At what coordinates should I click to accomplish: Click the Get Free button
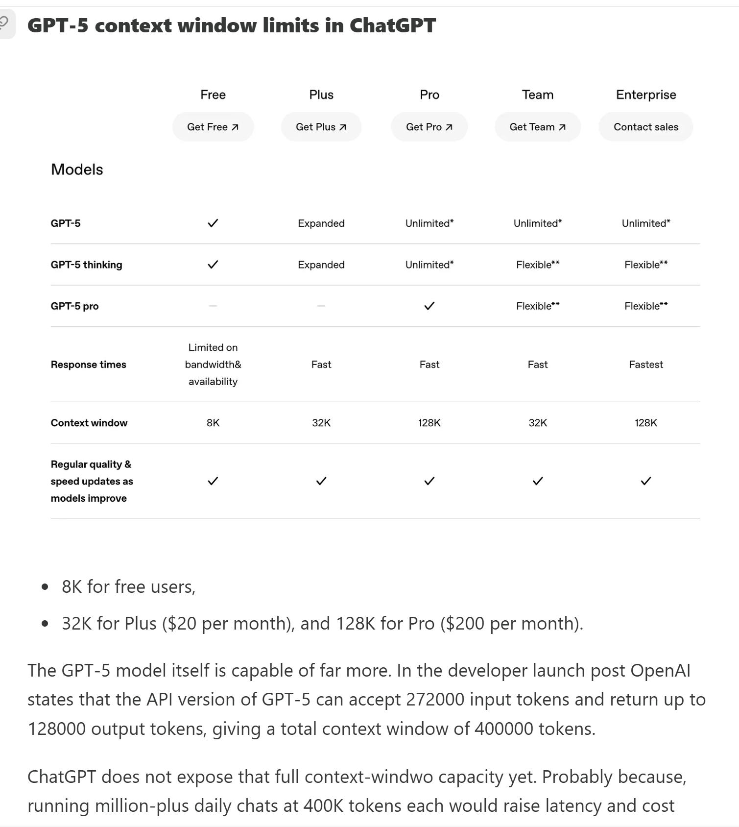point(213,127)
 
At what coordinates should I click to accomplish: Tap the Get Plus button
point(321,127)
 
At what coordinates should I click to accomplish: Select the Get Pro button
point(429,127)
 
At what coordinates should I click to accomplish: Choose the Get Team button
point(538,127)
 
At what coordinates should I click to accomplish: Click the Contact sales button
point(646,127)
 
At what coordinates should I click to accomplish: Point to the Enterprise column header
point(646,95)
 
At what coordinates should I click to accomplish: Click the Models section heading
point(77,170)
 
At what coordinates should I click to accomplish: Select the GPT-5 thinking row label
point(86,265)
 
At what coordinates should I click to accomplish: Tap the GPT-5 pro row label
point(74,306)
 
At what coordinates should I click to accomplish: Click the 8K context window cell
point(213,423)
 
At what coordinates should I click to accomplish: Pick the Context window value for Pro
point(429,423)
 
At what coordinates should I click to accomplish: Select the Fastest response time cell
point(646,365)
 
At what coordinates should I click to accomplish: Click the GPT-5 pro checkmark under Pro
point(429,306)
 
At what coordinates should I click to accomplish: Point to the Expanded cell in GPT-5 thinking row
point(321,265)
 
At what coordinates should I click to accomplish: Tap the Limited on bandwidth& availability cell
point(213,365)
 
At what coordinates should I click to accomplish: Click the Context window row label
point(89,423)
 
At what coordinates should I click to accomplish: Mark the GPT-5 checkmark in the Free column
point(213,223)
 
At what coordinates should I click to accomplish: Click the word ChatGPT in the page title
point(392,25)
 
